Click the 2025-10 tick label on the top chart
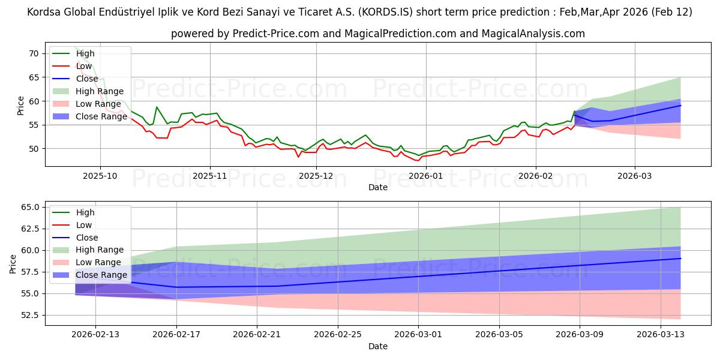pyautogui.click(x=100, y=176)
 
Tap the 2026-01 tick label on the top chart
pyautogui.click(x=425, y=176)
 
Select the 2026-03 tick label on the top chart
pyautogui.click(x=635, y=176)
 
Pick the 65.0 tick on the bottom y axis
pyautogui.click(x=29, y=207)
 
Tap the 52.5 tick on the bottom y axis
pyautogui.click(x=29, y=315)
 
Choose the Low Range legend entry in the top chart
pyautogui.click(x=101, y=104)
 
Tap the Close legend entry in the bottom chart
pyautogui.click(x=88, y=238)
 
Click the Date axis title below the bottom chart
pyautogui.click(x=378, y=346)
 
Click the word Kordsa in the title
pyautogui.click(x=46, y=12)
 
